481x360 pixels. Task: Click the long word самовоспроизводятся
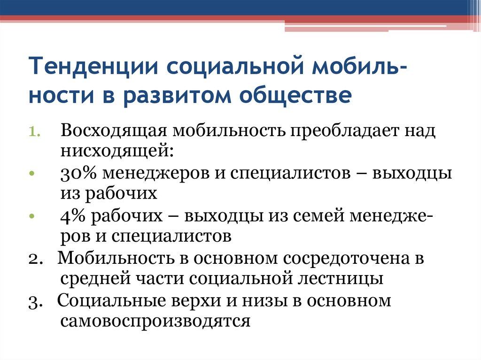(x=155, y=321)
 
